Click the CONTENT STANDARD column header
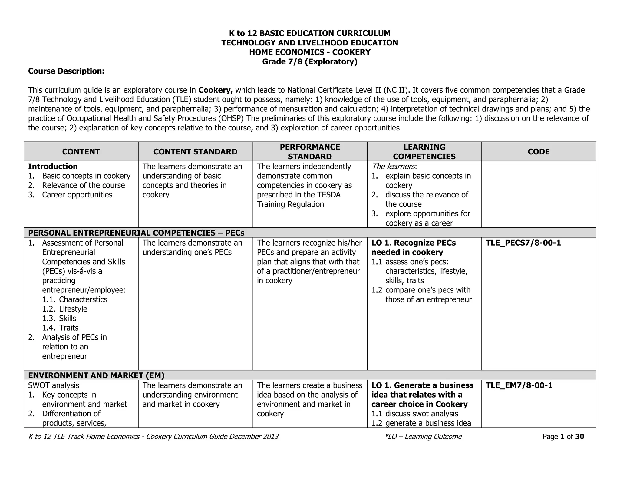195,152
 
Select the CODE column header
539,152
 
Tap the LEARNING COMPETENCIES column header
424,152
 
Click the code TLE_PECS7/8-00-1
523,243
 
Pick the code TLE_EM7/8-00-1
519,385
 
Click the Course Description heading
66,71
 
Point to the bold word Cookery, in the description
216,90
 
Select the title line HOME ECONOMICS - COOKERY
310,52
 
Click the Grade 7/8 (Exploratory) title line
310,62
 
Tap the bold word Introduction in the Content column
53,167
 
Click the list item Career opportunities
77,195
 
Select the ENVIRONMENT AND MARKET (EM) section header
96,375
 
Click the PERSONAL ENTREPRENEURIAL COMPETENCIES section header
136,233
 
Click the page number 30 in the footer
579,437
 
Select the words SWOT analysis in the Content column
54,385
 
